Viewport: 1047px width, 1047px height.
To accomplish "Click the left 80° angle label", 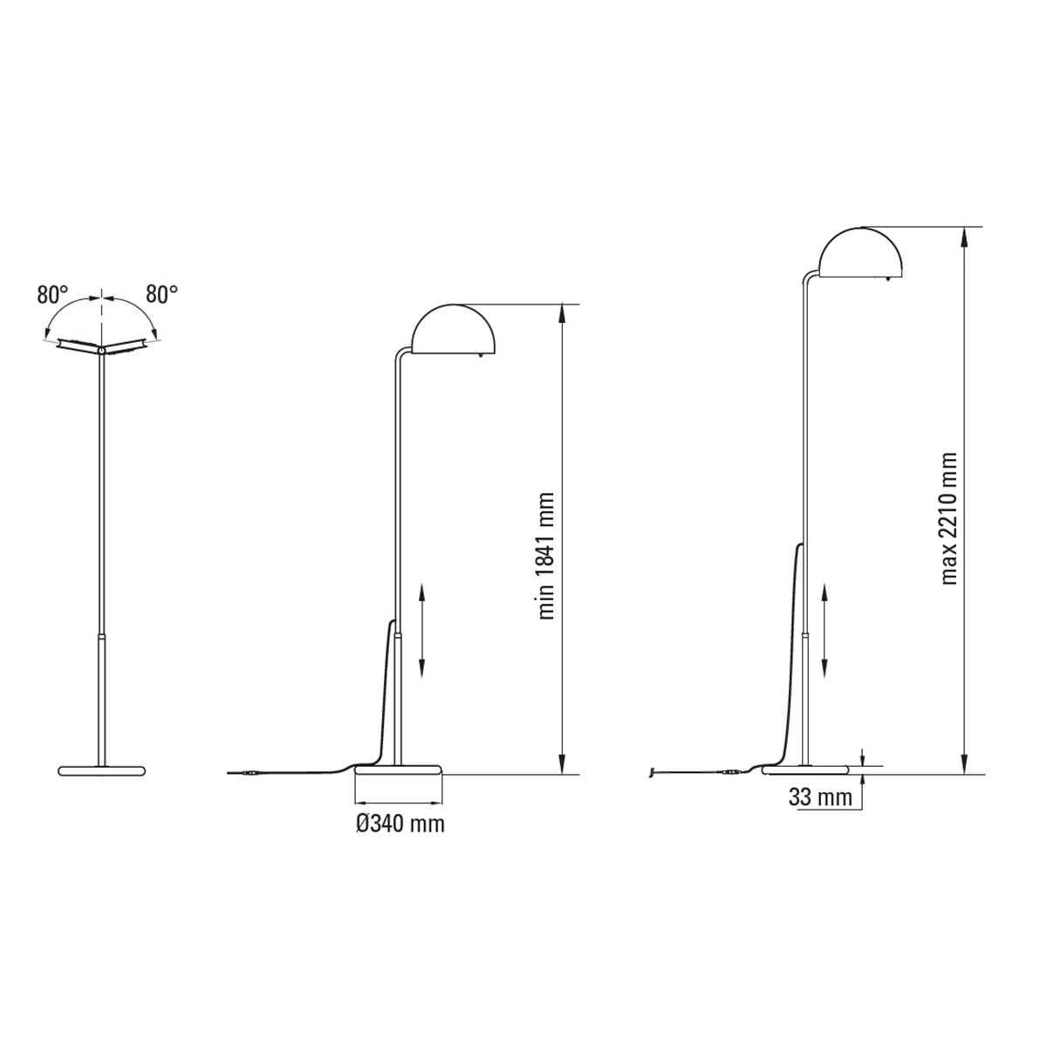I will click(x=52, y=295).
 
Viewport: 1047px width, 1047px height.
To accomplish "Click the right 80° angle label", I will click(x=161, y=295).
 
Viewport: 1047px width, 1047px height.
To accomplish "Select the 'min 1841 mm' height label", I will click(x=547, y=555).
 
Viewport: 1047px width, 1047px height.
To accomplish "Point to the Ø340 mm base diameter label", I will click(x=400, y=823).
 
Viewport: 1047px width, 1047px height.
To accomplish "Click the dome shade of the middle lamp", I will click(x=455, y=331).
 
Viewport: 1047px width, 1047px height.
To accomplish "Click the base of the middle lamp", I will click(x=399, y=769).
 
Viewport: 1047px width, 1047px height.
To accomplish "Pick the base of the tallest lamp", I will click(x=807, y=769).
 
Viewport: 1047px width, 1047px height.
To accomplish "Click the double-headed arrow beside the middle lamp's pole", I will click(x=422, y=630).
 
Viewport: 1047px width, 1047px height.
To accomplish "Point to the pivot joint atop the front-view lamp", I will click(x=102, y=350).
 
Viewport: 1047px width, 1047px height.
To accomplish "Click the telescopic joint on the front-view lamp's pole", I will click(x=102, y=638).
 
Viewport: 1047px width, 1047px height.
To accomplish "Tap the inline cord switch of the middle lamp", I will click(x=251, y=773).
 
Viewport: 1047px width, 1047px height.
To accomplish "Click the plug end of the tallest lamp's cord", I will click(x=654, y=772).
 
